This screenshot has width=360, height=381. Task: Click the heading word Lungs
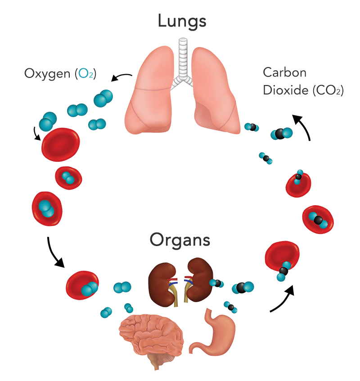point(182,21)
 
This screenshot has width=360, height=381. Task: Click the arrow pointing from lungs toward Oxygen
point(121,77)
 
